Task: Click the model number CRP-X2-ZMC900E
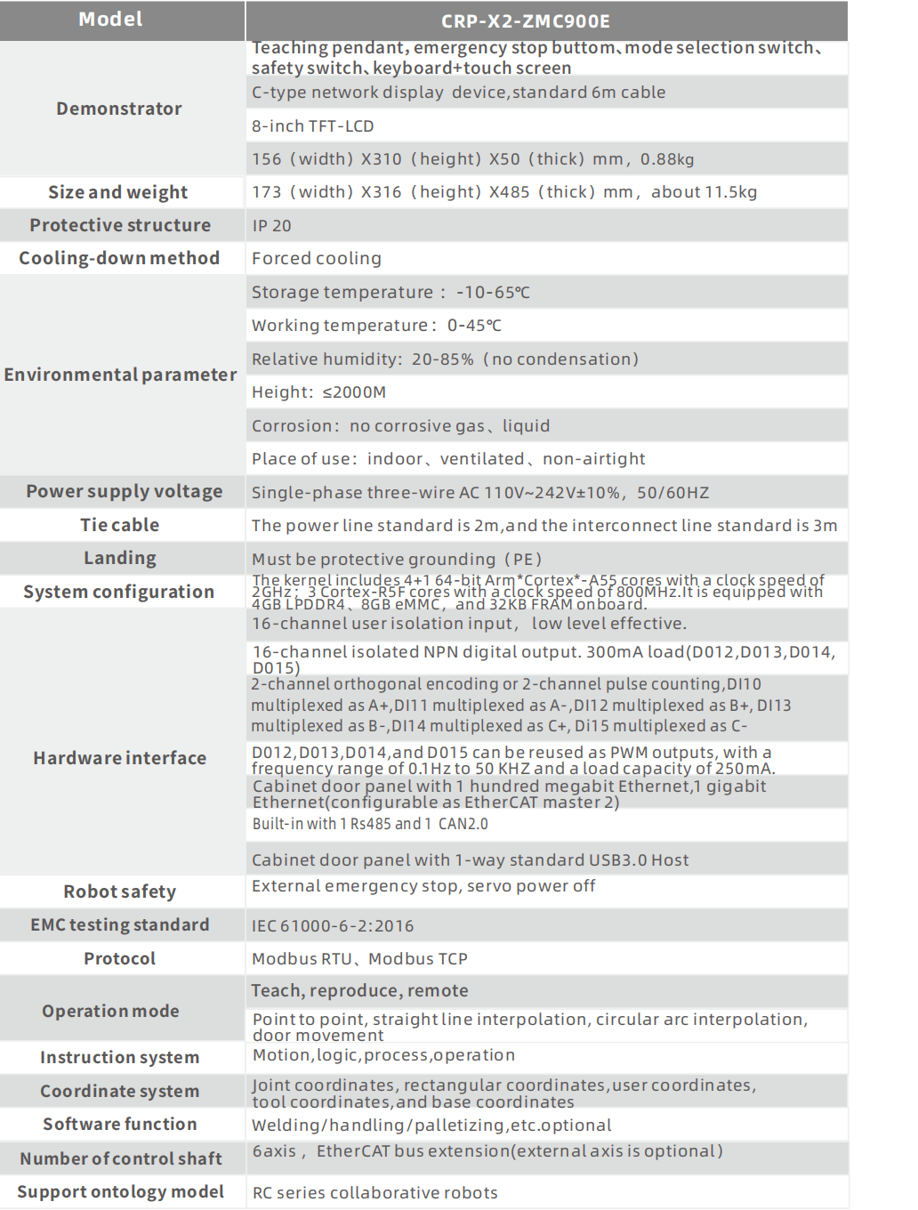coord(525,21)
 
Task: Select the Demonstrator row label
coord(119,109)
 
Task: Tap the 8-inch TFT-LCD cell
coord(313,126)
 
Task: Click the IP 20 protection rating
coord(271,226)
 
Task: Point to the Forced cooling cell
coord(317,259)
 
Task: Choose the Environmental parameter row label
coord(121,375)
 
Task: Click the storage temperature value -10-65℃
coord(493,293)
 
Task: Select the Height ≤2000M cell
coord(318,392)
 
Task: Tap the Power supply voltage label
coord(125,492)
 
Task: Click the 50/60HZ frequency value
coord(672,493)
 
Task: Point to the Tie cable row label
coord(120,525)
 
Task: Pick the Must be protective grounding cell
coord(397,560)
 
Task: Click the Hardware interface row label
coord(120,758)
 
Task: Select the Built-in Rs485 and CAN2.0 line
coord(370,824)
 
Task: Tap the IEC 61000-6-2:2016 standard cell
coord(333,926)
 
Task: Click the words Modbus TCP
coord(418,959)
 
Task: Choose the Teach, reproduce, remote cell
coord(359,991)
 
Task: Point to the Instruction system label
coord(120,1058)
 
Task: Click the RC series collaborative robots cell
coord(374,1193)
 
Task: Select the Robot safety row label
coord(120,891)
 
